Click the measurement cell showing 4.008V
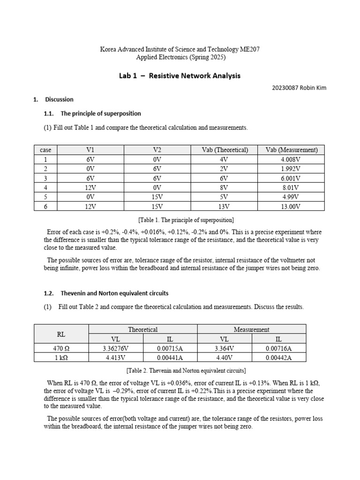click(291, 159)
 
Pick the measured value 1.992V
click(291, 169)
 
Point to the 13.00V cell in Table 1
click(291, 206)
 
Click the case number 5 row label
click(45, 197)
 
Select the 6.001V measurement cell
click(291, 178)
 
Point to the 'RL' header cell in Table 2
click(61, 334)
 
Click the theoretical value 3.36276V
click(116, 348)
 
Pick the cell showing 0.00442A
click(279, 358)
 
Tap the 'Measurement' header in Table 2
click(252, 330)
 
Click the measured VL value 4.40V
click(225, 358)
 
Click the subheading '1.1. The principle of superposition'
click(93, 113)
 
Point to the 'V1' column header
click(90, 150)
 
